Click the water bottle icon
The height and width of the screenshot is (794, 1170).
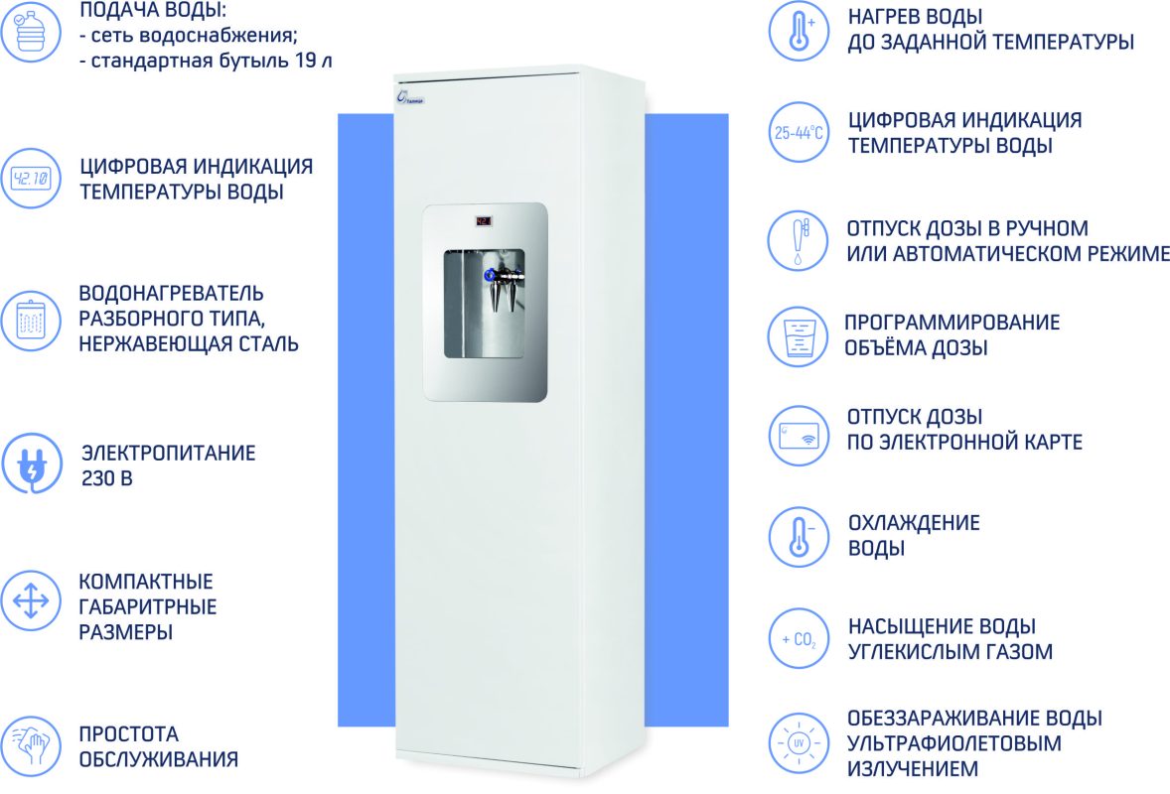31,32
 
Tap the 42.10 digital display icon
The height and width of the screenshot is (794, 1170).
31,179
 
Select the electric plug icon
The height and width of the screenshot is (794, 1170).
31,463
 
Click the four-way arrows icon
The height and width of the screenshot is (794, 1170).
31,600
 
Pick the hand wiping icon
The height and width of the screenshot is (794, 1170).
31,745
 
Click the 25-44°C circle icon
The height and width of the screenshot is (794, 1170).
799,133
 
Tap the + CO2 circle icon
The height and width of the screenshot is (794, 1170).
799,639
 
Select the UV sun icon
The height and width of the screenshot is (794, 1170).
799,742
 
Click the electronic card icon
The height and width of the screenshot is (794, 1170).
799,436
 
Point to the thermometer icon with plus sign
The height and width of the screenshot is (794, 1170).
799,32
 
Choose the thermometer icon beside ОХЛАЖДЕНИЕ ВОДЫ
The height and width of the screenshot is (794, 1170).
799,537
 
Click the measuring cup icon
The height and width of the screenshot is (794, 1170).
799,336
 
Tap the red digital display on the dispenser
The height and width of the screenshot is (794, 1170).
485,221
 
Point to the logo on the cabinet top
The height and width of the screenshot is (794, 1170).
410,97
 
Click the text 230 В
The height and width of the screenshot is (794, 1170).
106,478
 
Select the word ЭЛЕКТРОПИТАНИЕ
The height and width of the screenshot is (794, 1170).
169,454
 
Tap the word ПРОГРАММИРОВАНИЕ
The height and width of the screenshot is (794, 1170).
952,323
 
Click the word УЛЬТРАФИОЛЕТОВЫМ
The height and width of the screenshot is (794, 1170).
953,743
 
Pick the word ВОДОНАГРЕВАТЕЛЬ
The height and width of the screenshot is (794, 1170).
171,293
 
